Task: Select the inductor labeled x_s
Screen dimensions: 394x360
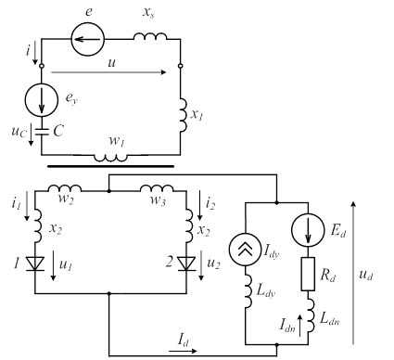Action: (x=150, y=36)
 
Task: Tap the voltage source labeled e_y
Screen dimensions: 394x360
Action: (x=42, y=100)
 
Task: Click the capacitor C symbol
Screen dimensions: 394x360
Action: (x=42, y=132)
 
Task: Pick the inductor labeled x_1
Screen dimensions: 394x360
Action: (x=184, y=115)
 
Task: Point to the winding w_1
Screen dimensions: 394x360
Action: (x=110, y=158)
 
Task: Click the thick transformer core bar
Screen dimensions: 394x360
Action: (x=110, y=166)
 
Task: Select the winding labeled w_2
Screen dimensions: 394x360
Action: (x=65, y=188)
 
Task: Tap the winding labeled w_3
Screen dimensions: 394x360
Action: (x=157, y=188)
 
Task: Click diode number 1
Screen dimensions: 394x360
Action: (x=35, y=264)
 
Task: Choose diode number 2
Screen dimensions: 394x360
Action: (x=186, y=264)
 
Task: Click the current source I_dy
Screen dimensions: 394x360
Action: (x=245, y=250)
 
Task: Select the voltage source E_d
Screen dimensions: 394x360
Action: (x=308, y=230)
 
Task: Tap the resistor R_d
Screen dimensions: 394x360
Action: (x=308, y=274)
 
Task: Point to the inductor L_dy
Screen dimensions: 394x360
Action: (x=248, y=291)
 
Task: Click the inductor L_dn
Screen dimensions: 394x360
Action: (x=311, y=315)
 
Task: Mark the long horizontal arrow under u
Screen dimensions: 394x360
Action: (x=108, y=72)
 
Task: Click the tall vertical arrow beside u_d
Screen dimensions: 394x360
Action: (x=353, y=273)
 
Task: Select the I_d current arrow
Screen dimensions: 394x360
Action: (x=183, y=351)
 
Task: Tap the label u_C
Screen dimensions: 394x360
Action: (x=19, y=132)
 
